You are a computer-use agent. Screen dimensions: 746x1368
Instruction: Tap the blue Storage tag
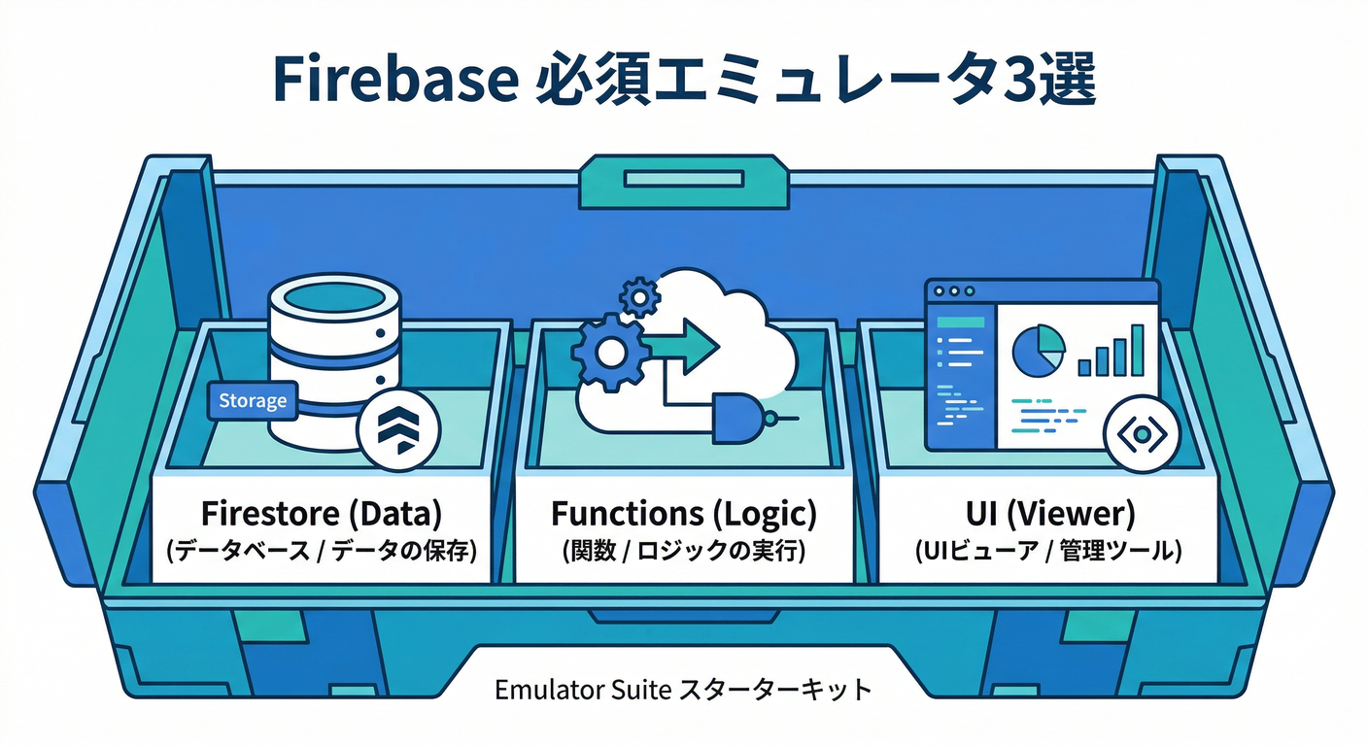[253, 400]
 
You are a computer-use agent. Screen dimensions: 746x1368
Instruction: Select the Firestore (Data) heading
[322, 512]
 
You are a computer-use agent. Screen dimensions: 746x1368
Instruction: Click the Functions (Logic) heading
[684, 512]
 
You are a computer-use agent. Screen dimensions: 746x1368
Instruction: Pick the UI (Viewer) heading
[1047, 512]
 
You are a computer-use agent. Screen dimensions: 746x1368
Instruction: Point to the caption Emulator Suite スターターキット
[683, 691]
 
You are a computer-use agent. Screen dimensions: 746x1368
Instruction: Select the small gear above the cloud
[639, 295]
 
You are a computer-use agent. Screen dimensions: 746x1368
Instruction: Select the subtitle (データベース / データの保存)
[322, 552]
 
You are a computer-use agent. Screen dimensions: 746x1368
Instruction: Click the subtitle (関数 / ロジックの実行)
[684, 552]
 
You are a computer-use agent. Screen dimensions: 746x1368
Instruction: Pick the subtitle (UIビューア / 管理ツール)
[1047, 552]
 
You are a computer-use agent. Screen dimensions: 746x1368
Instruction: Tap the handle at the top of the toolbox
[684, 179]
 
